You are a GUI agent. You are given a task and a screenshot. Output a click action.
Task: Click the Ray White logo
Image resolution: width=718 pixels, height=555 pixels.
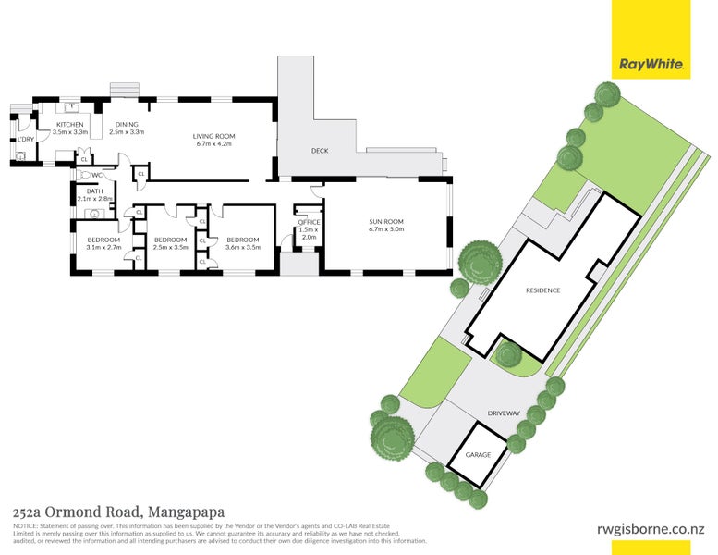point(651,65)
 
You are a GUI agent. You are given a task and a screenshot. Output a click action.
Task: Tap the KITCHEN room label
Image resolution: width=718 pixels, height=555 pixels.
point(70,125)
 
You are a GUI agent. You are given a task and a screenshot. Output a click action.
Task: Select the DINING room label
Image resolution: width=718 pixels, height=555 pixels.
point(127,125)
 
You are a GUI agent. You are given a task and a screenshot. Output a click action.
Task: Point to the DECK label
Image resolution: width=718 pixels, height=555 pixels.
point(320,151)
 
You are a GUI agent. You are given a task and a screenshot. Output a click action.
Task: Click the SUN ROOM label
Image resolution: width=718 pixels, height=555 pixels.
point(386,222)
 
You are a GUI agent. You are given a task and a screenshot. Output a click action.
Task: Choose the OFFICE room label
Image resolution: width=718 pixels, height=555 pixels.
point(309,222)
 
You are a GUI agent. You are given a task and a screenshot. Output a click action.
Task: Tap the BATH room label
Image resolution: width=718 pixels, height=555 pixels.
point(94,191)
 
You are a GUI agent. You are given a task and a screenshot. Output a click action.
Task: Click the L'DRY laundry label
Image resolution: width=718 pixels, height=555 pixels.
point(24,140)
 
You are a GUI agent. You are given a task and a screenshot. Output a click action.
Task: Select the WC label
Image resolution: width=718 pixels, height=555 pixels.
point(96,175)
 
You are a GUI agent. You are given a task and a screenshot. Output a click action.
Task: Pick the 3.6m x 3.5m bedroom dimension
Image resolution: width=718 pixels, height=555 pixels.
point(243,248)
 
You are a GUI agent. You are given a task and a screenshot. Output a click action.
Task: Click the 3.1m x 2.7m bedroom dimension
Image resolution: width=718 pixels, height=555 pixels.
point(103,248)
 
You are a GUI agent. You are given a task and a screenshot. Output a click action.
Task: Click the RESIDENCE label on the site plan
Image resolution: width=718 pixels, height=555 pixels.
point(542,290)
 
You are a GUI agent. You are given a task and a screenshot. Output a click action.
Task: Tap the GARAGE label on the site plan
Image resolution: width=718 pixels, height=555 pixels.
point(478,455)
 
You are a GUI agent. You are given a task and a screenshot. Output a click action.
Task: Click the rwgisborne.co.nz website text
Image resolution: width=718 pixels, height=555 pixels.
point(651,528)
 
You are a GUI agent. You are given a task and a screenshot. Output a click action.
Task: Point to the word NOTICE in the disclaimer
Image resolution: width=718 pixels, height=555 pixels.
point(25,525)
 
